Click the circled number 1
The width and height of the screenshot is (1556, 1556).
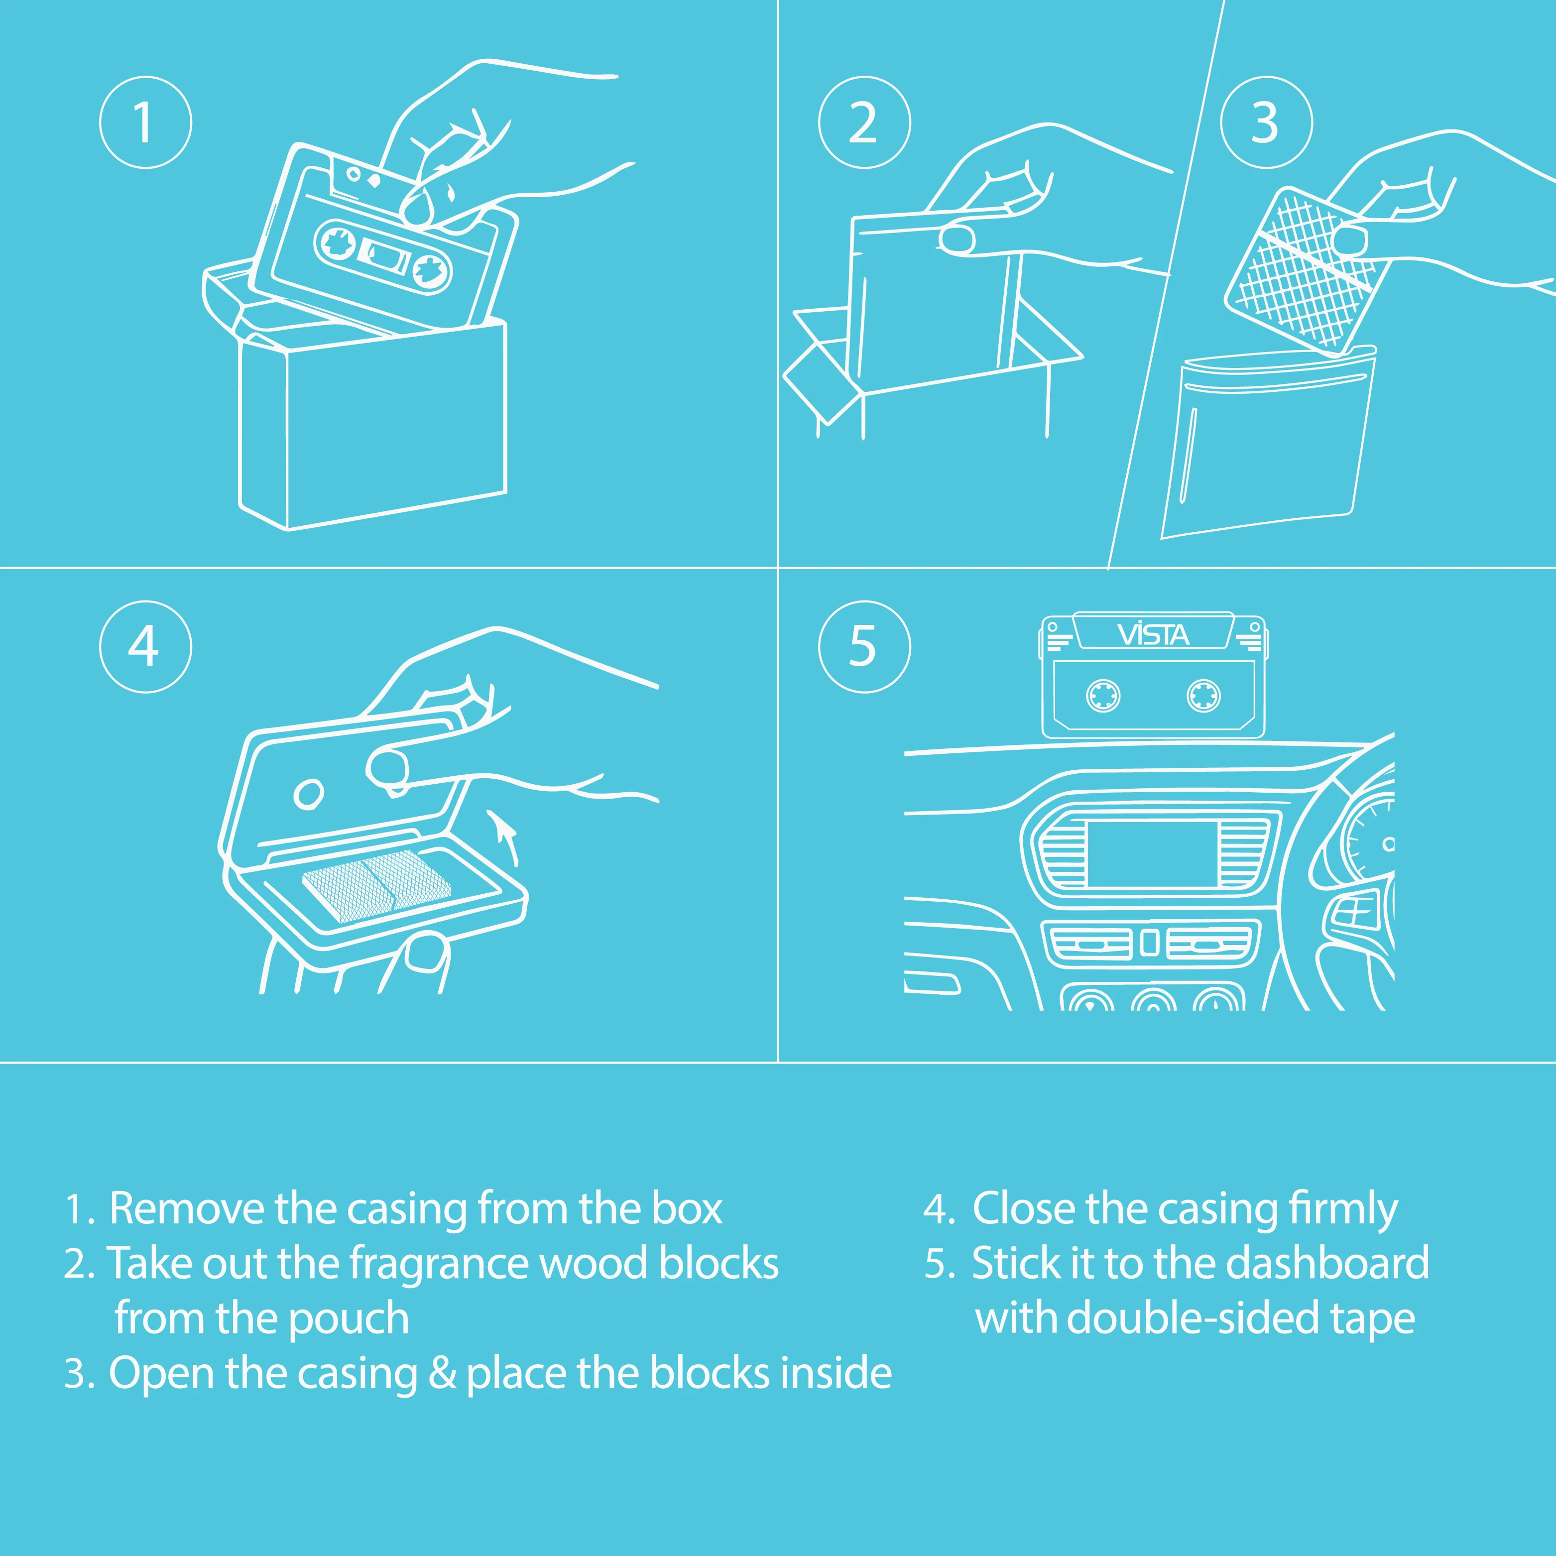(146, 122)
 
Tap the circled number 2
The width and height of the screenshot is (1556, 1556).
(864, 122)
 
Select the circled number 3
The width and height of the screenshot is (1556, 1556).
(1267, 122)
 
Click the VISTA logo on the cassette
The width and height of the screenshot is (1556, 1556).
(1153, 635)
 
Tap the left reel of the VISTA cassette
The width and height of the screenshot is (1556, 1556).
(1102, 696)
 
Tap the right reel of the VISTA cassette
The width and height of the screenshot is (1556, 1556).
(1203, 696)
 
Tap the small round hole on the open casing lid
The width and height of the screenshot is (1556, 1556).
(309, 793)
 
